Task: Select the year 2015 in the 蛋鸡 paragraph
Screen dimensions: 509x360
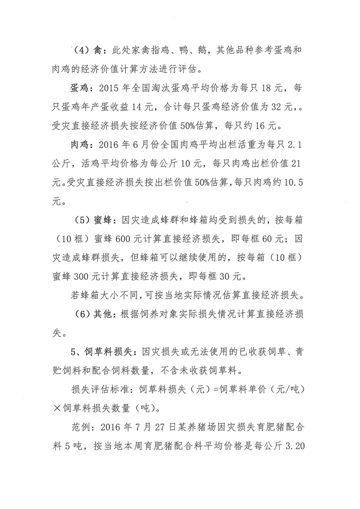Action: click(x=112, y=90)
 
